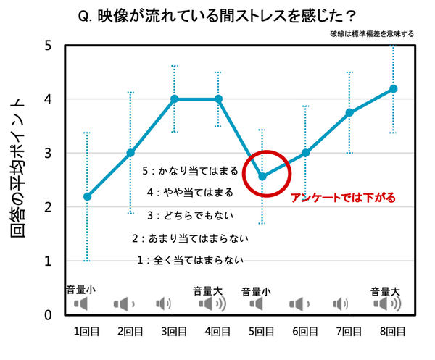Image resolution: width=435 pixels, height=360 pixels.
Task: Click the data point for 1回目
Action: (x=87, y=196)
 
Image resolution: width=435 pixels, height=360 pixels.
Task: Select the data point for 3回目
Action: (x=175, y=99)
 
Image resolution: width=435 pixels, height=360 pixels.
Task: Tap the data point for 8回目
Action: (x=394, y=88)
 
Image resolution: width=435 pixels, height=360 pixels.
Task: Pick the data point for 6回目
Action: (x=306, y=153)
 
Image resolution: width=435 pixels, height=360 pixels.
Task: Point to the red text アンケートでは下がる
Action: (x=342, y=197)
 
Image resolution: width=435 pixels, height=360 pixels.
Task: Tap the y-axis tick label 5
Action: (x=47, y=45)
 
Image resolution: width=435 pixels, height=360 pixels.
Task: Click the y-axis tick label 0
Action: (x=47, y=315)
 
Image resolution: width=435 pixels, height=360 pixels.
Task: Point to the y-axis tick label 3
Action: (x=47, y=154)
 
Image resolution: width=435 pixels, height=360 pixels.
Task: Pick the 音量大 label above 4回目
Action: (x=207, y=290)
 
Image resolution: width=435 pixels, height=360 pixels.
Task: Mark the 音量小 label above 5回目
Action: (x=256, y=290)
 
